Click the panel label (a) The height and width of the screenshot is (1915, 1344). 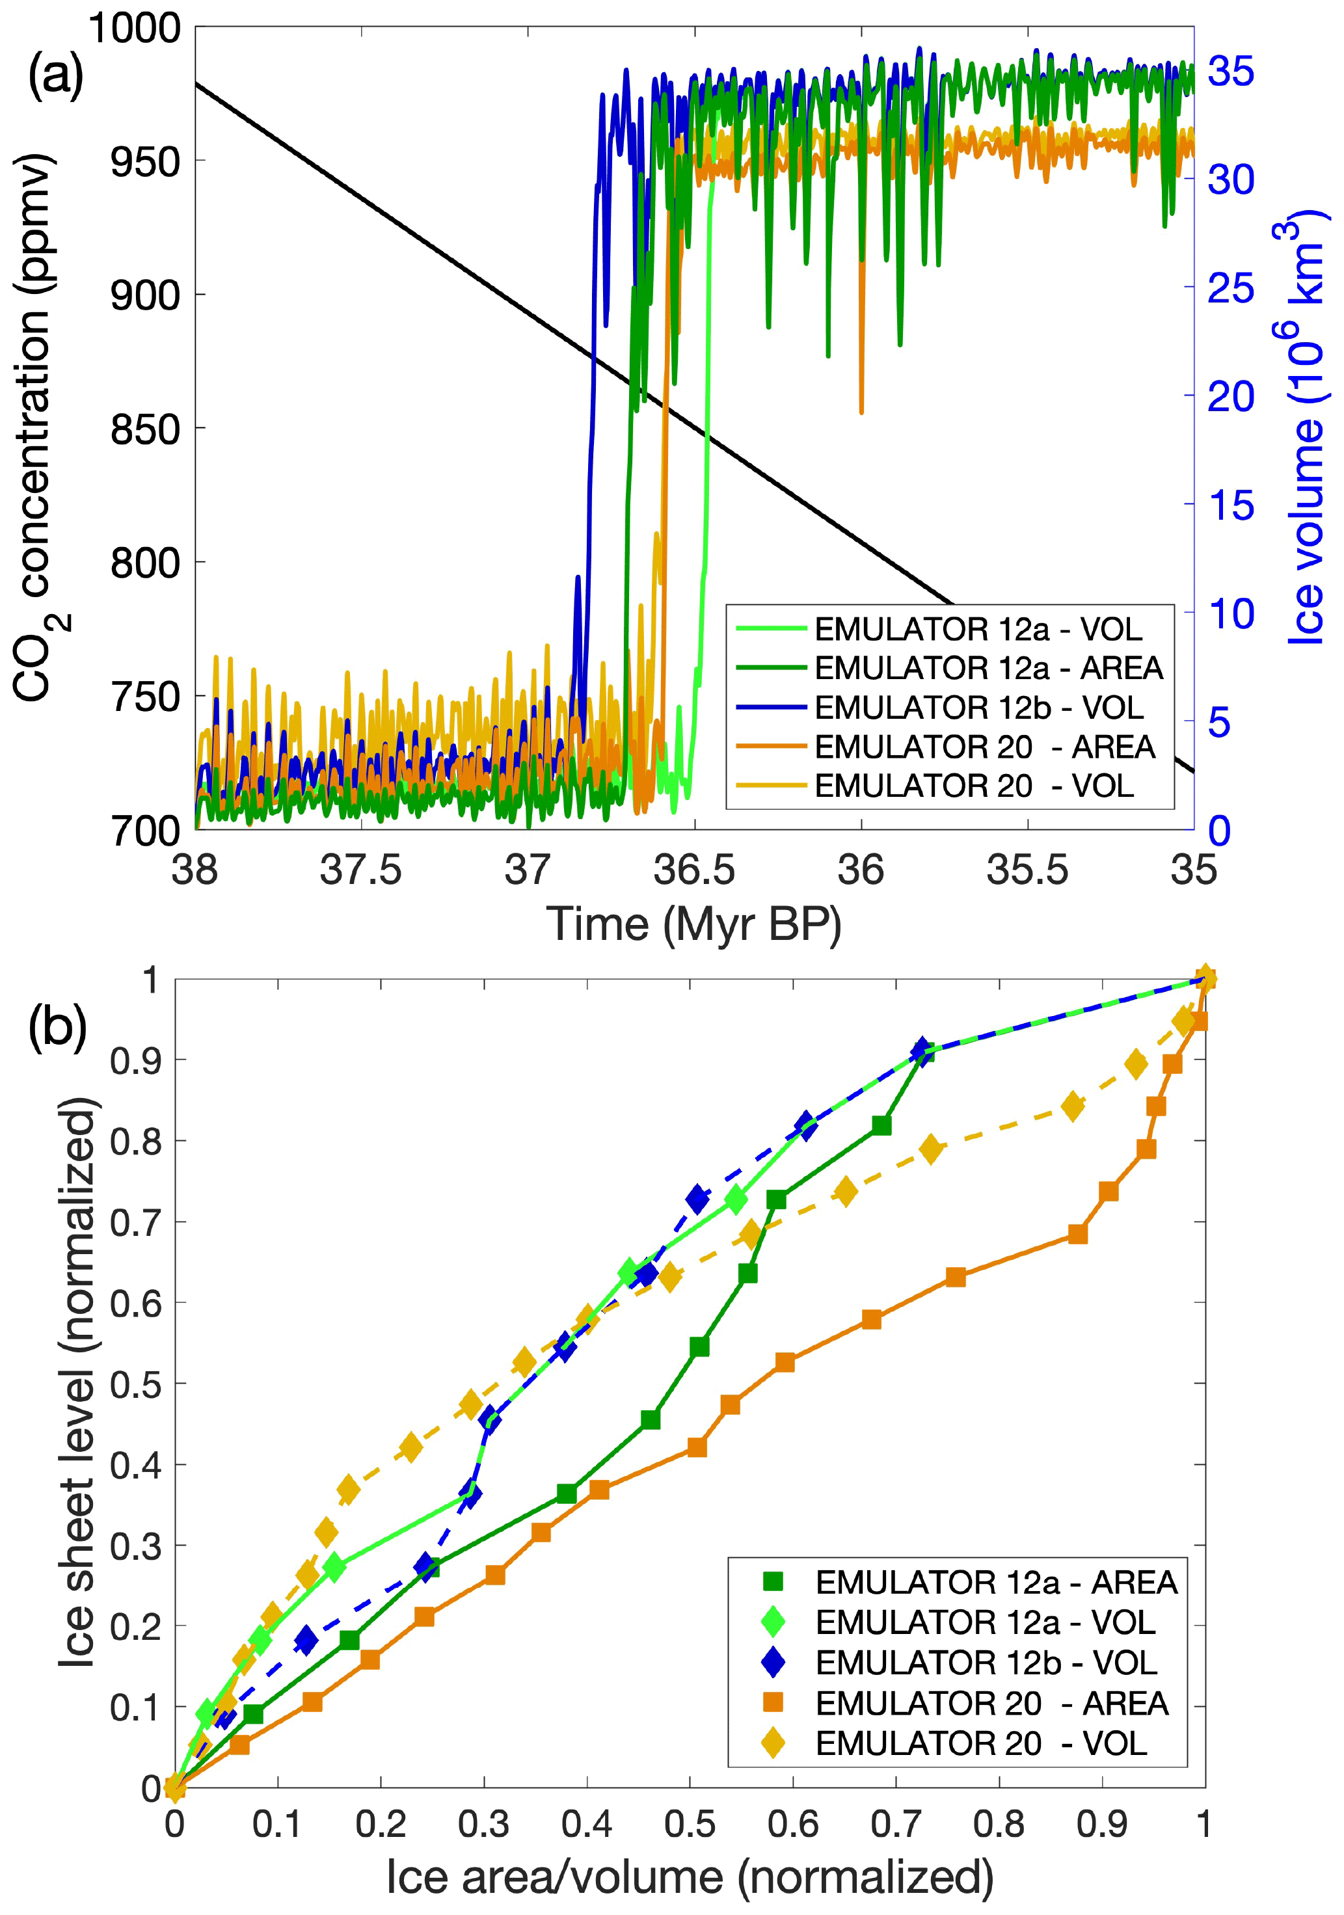[x=56, y=76]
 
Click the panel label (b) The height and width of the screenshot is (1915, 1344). [x=57, y=1028]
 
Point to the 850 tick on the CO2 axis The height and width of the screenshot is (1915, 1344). [x=145, y=429]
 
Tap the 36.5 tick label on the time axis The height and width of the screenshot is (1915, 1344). [x=694, y=870]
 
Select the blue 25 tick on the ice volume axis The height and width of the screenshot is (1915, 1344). [x=1231, y=288]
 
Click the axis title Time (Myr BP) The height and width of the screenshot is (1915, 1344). [x=694, y=925]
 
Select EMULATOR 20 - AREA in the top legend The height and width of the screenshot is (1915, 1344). [x=984, y=747]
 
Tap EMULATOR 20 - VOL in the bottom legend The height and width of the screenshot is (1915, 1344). [x=981, y=1743]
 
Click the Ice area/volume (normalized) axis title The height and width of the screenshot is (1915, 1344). [x=690, y=1877]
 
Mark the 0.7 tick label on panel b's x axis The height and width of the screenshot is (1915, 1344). [x=895, y=1824]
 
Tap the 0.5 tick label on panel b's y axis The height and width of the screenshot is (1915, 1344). [x=136, y=1384]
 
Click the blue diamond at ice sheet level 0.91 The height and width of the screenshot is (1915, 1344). [x=921, y=1051]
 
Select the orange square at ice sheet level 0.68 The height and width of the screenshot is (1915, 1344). [x=1078, y=1235]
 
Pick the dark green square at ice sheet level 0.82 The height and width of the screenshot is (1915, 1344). [x=881, y=1126]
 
